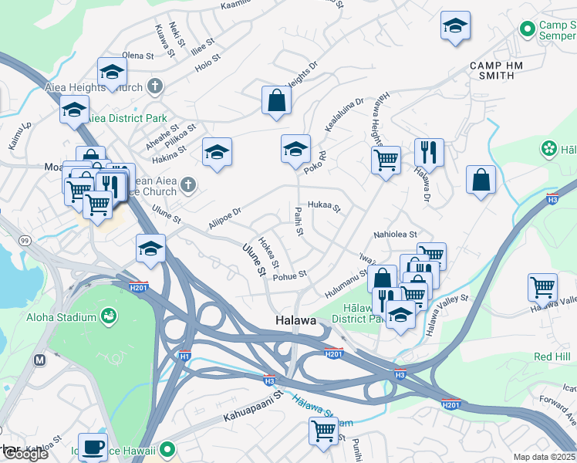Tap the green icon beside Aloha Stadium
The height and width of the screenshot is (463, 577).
click(110, 316)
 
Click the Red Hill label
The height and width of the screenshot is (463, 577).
click(552, 357)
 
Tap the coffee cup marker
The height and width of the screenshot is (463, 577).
click(93, 446)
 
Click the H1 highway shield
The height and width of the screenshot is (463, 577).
click(184, 356)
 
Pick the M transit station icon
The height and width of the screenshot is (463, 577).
click(40, 360)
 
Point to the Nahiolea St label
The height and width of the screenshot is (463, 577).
click(395, 235)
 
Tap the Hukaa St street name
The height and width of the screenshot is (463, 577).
click(324, 206)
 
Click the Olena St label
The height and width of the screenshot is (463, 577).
click(140, 56)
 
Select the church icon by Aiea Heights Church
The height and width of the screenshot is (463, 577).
click(155, 86)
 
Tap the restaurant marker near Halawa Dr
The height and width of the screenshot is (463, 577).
click(428, 151)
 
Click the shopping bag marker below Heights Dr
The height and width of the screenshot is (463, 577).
click(276, 100)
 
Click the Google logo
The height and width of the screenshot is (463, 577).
click(25, 454)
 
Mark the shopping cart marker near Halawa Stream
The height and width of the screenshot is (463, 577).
click(323, 430)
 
